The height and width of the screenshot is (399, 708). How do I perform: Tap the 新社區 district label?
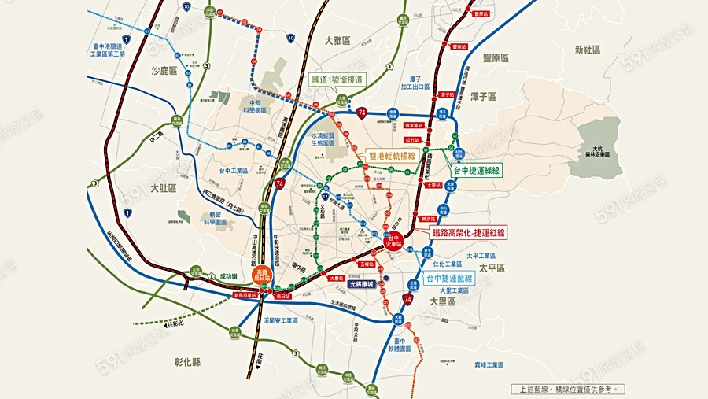[587, 49]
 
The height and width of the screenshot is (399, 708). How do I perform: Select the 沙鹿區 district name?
[166, 70]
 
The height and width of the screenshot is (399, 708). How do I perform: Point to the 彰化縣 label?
[187, 362]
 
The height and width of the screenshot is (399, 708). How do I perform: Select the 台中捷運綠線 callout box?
[477, 169]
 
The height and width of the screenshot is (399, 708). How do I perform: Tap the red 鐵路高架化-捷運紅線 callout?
[469, 232]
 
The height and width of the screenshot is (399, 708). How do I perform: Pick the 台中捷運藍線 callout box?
[450, 279]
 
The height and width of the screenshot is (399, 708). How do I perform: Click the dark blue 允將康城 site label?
[363, 284]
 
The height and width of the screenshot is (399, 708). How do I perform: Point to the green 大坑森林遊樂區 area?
[599, 146]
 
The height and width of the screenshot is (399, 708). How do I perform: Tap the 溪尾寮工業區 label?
[281, 320]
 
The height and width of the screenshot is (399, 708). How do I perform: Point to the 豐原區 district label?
[496, 58]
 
